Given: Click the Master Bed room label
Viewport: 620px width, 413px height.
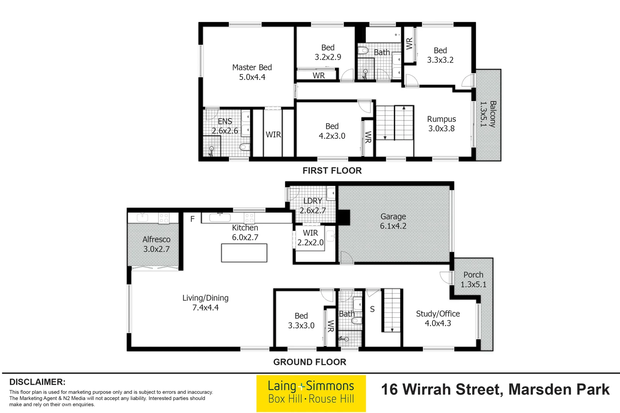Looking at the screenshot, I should tap(252, 72).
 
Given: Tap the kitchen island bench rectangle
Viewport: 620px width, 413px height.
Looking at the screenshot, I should tap(244, 253).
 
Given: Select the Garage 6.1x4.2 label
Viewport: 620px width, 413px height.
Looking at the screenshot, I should tap(393, 221).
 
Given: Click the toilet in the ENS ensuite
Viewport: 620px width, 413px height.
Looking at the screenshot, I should tap(245, 147).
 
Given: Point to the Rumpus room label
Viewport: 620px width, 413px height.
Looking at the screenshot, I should tap(441, 124).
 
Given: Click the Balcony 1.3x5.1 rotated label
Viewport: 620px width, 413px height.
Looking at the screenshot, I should tap(488, 114).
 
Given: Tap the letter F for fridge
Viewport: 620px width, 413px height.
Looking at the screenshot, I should tap(193, 219).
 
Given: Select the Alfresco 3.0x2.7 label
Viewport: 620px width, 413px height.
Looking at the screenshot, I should tap(156, 244).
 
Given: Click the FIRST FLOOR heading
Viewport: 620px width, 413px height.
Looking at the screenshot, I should tap(332, 171).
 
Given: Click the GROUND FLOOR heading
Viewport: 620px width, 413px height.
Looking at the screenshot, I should tap(309, 362).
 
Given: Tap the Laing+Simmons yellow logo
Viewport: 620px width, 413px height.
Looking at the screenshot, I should tap(311, 393).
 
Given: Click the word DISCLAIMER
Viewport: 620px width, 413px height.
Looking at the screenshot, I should tap(37, 382).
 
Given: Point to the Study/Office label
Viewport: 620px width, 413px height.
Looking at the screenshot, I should tap(438, 318).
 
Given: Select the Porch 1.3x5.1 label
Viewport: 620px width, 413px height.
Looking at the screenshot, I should tap(473, 280).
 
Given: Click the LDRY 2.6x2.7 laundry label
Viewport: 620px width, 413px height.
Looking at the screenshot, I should tap(313, 206).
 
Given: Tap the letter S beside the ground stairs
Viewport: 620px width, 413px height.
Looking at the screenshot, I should tap(372, 309).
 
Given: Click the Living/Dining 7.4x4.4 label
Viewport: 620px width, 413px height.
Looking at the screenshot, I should tap(205, 302).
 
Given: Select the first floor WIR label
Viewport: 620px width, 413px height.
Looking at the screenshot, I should tap(273, 135).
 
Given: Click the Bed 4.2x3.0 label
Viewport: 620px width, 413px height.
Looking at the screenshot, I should tap(332, 131).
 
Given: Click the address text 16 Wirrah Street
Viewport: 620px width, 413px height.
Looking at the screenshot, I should tap(495, 390).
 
